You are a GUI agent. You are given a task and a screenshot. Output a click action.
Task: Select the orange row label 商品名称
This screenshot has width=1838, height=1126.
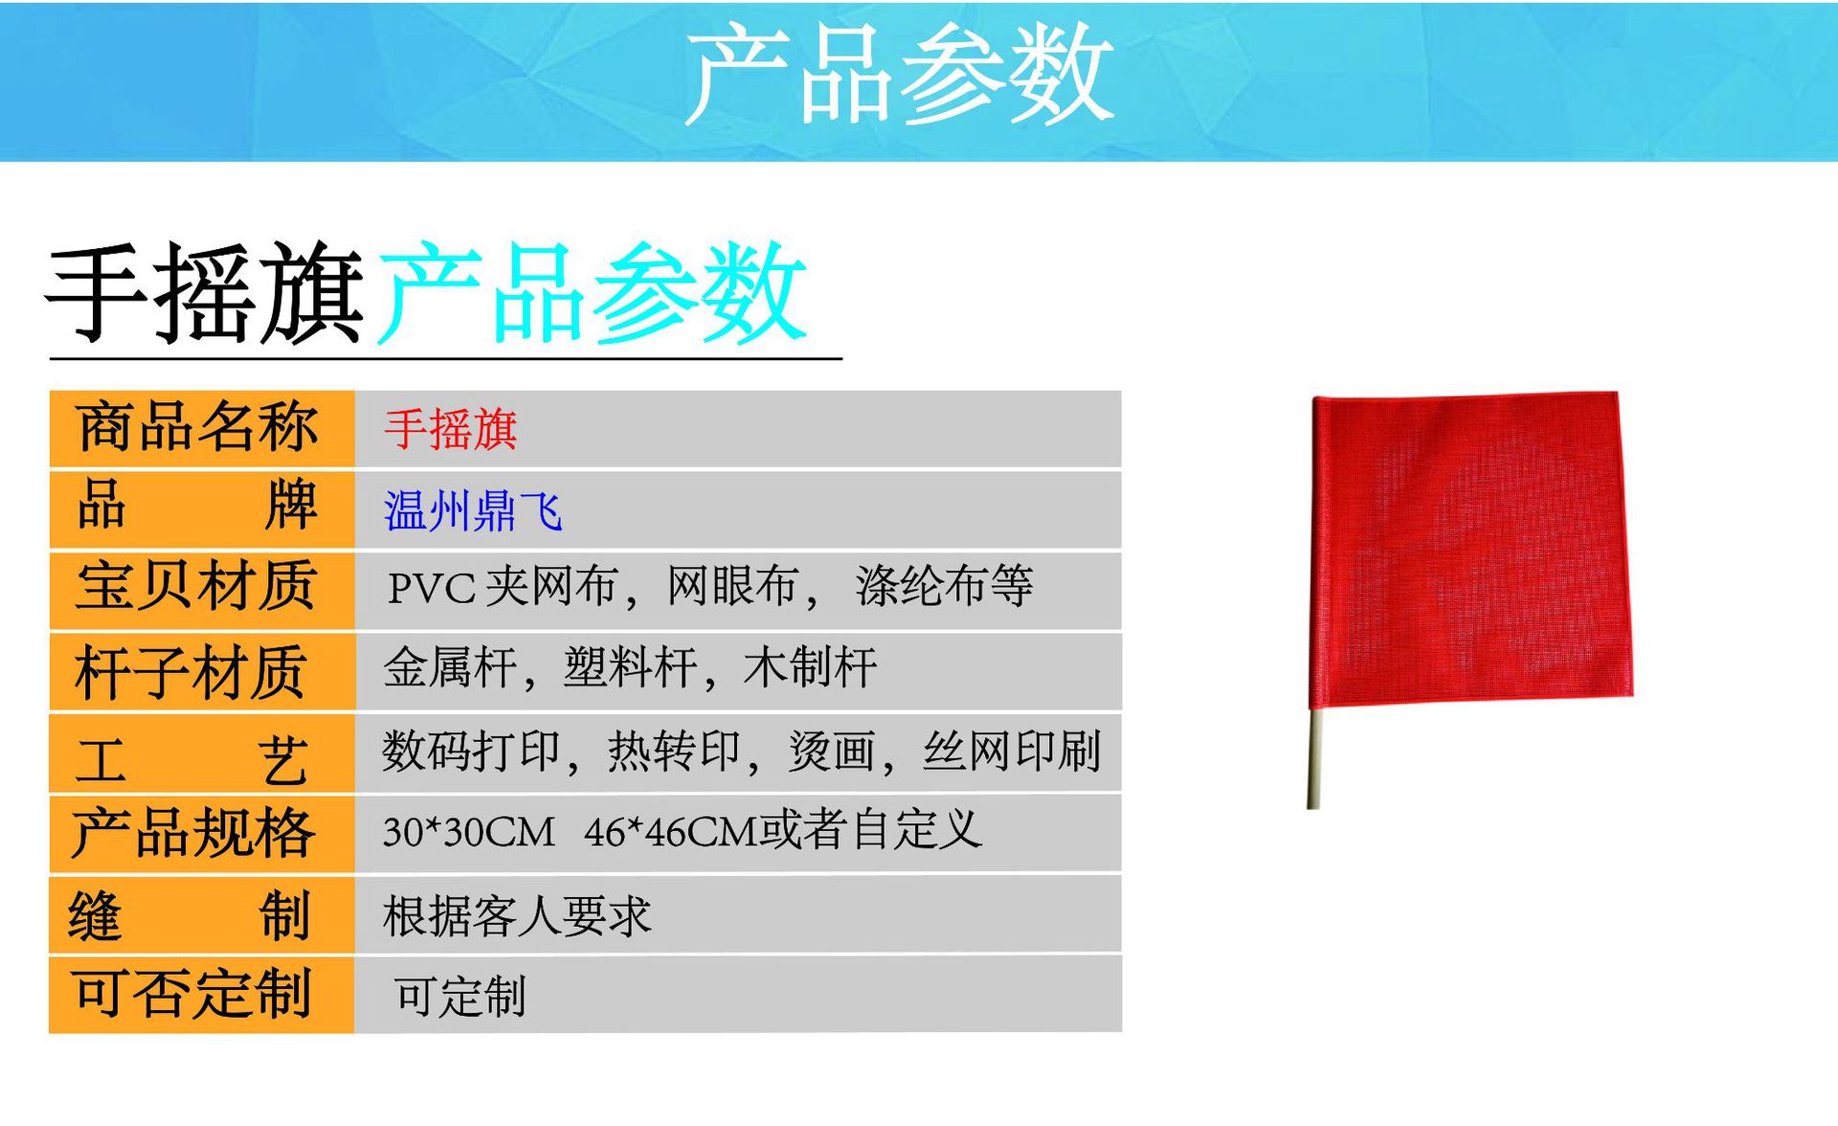click(197, 427)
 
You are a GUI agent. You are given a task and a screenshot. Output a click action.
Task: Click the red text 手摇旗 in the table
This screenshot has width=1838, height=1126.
click(451, 429)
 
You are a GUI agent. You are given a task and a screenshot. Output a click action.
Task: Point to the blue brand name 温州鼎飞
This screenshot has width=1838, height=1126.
click(473, 510)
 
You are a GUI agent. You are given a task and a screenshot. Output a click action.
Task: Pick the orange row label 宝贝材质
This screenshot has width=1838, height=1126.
click(196, 585)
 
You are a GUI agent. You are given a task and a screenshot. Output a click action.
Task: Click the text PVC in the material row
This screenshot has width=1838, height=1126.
click(431, 588)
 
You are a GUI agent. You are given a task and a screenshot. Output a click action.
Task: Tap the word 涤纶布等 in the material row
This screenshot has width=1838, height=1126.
click(944, 585)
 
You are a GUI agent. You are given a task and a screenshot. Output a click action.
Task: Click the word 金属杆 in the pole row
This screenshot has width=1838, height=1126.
click(450, 667)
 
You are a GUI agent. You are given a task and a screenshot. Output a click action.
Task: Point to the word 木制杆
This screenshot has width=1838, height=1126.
click(810, 667)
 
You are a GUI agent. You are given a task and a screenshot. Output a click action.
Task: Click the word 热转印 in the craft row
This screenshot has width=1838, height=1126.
click(674, 752)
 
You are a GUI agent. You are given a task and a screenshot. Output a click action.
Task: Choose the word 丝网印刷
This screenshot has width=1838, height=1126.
click(1011, 752)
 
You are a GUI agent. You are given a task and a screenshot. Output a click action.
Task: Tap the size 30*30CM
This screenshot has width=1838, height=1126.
click(469, 832)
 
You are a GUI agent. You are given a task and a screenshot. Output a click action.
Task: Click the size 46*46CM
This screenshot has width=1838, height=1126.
click(670, 832)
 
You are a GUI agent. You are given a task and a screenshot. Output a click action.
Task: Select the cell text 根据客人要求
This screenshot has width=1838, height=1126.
click(517, 916)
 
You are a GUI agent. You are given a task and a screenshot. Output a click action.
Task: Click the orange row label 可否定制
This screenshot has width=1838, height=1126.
click(191, 994)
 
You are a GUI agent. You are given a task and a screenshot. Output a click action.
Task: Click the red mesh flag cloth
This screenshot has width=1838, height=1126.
click(1471, 548)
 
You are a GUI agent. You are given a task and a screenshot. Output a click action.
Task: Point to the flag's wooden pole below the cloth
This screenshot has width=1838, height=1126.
click(1314, 758)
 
